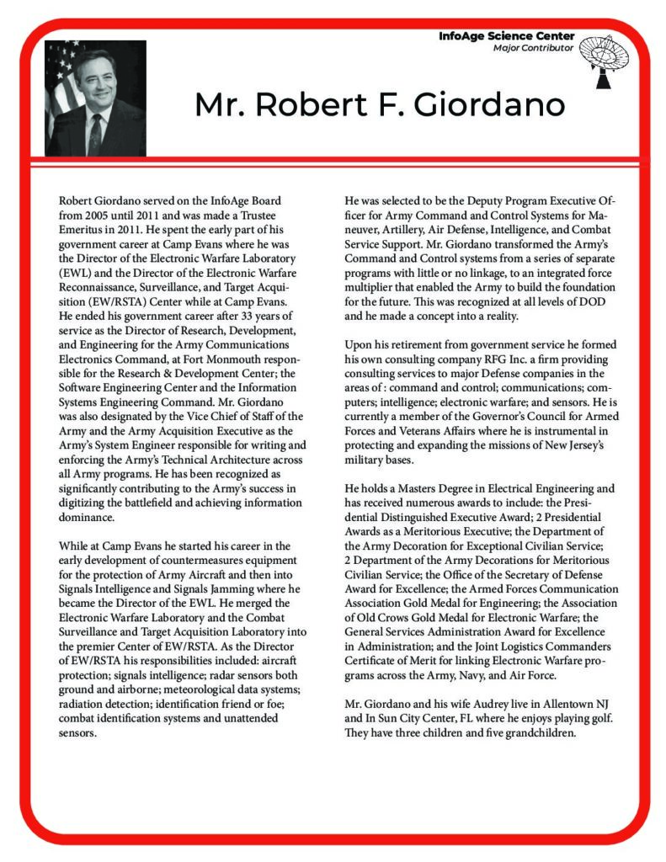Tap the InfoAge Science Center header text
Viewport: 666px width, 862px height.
tap(507, 36)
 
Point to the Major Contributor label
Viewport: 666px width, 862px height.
tap(533, 48)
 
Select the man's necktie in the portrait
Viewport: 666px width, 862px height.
tap(95, 134)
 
